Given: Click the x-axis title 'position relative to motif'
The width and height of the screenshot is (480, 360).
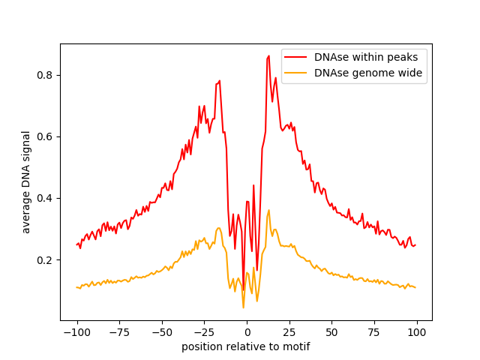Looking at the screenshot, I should [246, 346].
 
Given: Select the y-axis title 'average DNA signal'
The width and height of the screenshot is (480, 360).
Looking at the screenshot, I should [26, 182].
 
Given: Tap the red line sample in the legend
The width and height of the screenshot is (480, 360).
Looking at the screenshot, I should [296, 56].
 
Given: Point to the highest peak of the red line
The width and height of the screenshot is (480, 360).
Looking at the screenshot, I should [268, 55].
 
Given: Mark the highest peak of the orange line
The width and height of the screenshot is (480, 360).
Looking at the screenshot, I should [268, 210].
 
